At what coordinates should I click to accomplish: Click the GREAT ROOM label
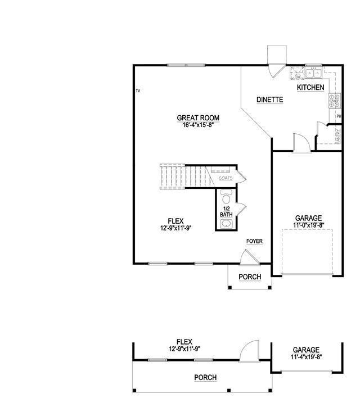[197, 118]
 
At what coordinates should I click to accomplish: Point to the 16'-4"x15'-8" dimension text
[197, 124]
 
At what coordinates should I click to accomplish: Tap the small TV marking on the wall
[138, 90]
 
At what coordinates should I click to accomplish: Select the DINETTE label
[269, 100]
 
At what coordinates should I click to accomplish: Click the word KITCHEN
[310, 88]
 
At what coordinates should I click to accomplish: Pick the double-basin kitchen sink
[314, 73]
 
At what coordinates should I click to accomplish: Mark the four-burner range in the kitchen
[335, 101]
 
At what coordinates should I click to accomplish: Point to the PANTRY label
[339, 137]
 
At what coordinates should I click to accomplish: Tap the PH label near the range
[339, 116]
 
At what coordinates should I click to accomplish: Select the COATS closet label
[226, 178]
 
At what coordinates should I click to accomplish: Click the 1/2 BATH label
[226, 212]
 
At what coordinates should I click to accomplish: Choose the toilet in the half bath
[226, 198]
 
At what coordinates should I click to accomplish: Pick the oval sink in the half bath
[226, 224]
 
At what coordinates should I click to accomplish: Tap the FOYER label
[254, 241]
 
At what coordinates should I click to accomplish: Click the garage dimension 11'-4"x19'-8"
[305, 357]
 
